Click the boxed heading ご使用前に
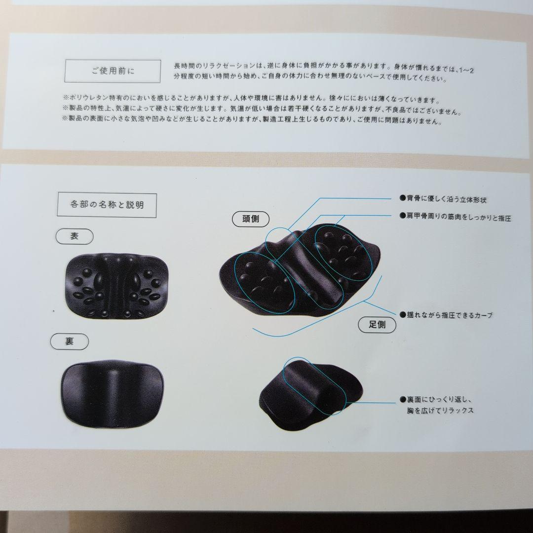(x=113, y=71)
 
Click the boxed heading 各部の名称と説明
(x=107, y=205)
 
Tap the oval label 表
(x=75, y=236)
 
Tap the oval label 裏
(x=70, y=342)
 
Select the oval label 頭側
(x=251, y=219)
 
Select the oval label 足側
(x=377, y=325)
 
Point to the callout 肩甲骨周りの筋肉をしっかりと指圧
(x=455, y=217)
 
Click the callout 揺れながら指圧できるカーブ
(x=446, y=315)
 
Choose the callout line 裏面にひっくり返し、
(x=436, y=399)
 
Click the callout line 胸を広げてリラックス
(x=440, y=411)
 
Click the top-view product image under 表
(x=116, y=286)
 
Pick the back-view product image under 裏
(x=113, y=394)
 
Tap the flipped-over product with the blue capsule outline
(x=310, y=395)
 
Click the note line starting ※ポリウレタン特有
(x=251, y=99)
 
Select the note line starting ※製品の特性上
(x=262, y=110)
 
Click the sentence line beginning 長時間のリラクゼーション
(x=324, y=67)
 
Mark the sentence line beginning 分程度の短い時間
(x=310, y=77)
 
